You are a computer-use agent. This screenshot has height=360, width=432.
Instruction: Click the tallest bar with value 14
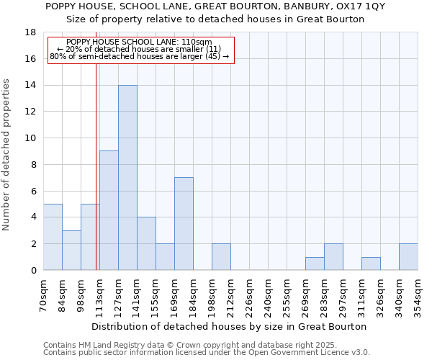(x=127, y=178)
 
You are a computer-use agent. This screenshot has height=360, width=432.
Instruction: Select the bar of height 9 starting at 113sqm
(x=109, y=210)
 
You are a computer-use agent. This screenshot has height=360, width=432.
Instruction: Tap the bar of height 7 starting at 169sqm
(x=184, y=224)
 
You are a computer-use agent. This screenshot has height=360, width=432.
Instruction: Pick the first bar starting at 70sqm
(x=53, y=237)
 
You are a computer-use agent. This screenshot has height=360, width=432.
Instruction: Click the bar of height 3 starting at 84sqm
(x=71, y=250)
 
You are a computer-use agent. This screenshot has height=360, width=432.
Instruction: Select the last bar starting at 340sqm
(x=408, y=257)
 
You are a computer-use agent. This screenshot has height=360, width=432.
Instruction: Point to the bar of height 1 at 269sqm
(x=315, y=264)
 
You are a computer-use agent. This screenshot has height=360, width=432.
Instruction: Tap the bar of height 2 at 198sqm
(x=221, y=257)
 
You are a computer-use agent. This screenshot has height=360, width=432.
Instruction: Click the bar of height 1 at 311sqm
(x=371, y=264)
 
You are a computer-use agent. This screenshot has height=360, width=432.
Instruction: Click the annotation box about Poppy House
(x=140, y=50)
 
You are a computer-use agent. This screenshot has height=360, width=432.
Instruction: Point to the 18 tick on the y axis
(x=32, y=32)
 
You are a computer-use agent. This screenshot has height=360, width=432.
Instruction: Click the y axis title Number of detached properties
(x=7, y=154)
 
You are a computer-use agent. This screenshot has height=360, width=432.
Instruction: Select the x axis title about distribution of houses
(x=230, y=326)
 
